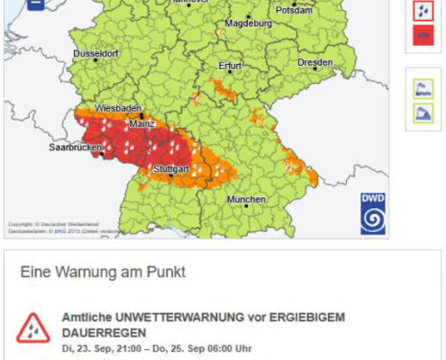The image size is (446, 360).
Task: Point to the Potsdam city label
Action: click(x=295, y=11)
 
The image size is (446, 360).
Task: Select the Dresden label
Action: click(x=314, y=63)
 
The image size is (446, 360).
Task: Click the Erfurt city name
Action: click(x=231, y=66)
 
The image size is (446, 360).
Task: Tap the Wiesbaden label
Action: click(x=117, y=108)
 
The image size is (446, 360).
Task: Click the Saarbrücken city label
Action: click(x=74, y=147)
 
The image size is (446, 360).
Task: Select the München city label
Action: click(x=246, y=199)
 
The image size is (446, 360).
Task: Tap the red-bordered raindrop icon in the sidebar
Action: click(x=423, y=11)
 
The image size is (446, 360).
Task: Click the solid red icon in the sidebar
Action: click(x=423, y=36)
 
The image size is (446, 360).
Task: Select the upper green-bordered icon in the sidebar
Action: click(x=423, y=88)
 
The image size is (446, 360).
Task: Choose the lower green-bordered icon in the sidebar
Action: click(x=423, y=113)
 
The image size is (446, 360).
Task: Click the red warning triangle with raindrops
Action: click(x=33, y=329)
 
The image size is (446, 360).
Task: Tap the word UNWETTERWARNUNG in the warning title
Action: click(x=168, y=318)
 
